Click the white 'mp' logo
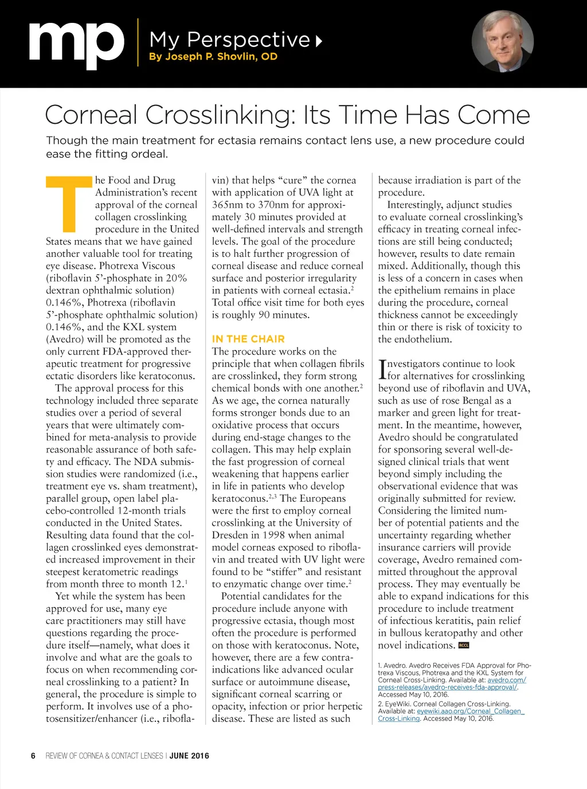click(76, 45)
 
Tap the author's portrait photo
click(502, 41)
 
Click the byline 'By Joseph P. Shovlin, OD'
click(213, 57)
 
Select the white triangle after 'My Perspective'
click(319, 40)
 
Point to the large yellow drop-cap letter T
click(69, 203)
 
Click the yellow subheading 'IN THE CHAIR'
click(248, 339)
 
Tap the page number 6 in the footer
click(33, 756)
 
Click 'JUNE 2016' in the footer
click(189, 756)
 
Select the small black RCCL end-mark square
click(464, 645)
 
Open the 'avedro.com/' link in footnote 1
click(507, 680)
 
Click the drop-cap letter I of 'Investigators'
click(382, 369)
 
